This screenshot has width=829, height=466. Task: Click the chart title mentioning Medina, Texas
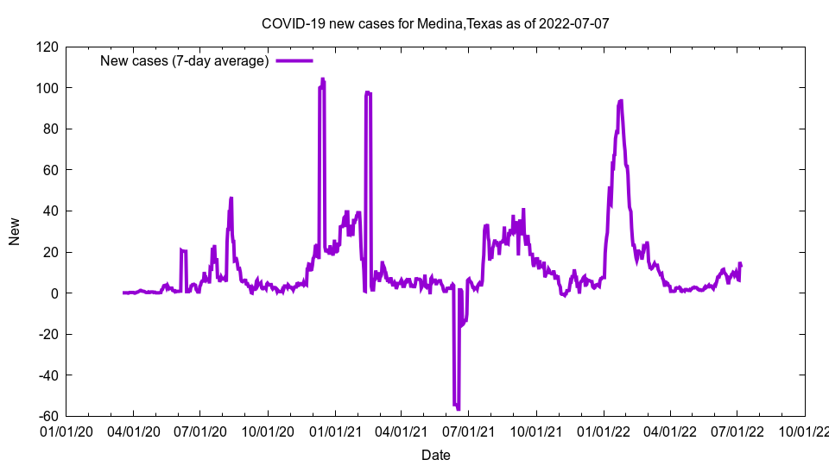click(435, 23)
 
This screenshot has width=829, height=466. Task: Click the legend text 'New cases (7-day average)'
click(184, 60)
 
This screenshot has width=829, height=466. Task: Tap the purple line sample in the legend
click(294, 60)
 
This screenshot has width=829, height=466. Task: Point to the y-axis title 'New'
click(15, 231)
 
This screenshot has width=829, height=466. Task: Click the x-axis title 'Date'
click(435, 455)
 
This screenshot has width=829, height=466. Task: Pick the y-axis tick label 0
click(54, 293)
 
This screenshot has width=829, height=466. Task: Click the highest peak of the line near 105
click(322, 79)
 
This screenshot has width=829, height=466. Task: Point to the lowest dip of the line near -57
click(458, 408)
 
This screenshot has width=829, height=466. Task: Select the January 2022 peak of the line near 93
click(620, 101)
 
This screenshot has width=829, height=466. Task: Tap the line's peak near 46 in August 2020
click(231, 198)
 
